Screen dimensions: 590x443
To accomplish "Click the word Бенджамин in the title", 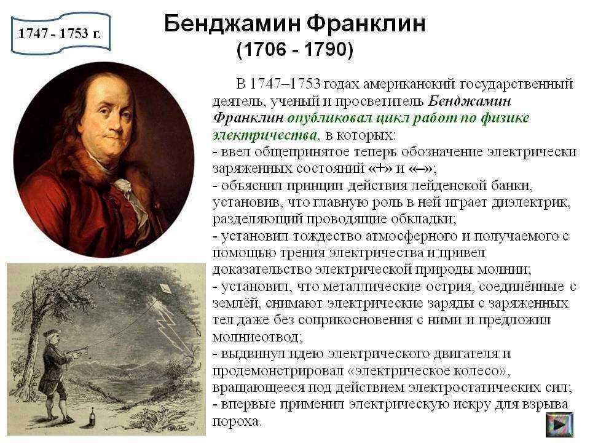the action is (x=232, y=24).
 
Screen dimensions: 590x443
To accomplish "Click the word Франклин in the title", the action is (x=366, y=24).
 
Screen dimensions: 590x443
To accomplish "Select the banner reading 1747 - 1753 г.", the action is (x=60, y=33).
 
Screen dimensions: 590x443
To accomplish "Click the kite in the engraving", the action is (x=165, y=289).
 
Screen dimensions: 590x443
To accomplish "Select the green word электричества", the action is (x=266, y=135).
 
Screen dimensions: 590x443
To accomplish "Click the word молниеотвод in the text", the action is (x=258, y=337).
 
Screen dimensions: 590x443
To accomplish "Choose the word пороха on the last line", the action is (x=236, y=421).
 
